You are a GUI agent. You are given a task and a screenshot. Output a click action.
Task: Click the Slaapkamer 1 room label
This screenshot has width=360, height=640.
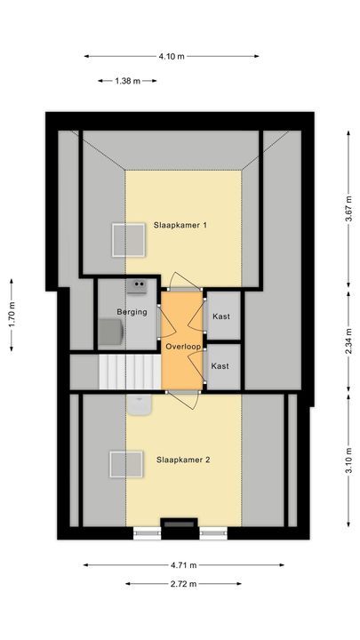(180, 225)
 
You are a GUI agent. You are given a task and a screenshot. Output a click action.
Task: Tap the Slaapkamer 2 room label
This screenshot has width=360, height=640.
(183, 460)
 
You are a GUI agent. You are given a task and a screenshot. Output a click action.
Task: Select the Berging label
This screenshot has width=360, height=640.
(131, 311)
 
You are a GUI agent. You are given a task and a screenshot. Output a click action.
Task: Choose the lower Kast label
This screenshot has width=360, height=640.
(220, 365)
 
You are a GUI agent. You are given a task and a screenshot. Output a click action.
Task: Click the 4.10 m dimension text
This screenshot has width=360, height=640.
(172, 56)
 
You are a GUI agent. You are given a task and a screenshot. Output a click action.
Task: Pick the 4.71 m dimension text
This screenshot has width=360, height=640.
(184, 564)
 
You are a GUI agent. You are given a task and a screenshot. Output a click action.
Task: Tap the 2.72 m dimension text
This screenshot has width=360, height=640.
(183, 584)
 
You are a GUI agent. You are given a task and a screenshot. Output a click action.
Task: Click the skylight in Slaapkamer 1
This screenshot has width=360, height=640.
(127, 238)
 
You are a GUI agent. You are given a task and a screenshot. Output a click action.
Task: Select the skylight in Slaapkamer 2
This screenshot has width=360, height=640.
(125, 464)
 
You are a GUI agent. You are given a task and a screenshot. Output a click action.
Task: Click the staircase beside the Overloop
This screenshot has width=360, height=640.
(128, 371)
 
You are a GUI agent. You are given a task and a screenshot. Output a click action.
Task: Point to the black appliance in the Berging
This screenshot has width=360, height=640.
(138, 285)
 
